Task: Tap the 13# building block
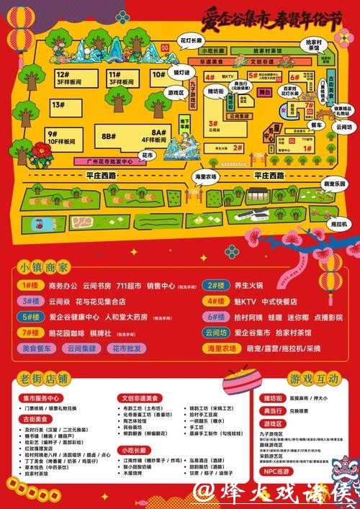(x=58, y=105)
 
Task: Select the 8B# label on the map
(x=109, y=135)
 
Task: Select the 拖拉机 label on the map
(x=340, y=224)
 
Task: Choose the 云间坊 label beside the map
(x=343, y=125)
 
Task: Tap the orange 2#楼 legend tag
(x=215, y=284)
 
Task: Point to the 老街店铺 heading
(x=41, y=379)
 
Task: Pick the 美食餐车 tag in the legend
(x=38, y=348)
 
